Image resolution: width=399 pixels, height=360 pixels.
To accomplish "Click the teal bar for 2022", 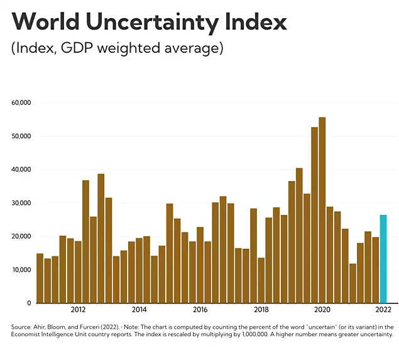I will click(383, 259).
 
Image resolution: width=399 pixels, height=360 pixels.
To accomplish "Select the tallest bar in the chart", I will click(322, 210).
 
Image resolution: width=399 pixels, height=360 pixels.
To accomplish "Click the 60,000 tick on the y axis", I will click(21, 102).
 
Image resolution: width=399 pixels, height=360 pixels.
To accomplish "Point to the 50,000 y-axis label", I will click(21, 136).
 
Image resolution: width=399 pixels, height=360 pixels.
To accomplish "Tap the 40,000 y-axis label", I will click(21, 170).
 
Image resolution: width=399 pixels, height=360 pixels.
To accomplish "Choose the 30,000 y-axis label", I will click(21, 203).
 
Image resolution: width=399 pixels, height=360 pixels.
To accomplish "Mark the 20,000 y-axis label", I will click(21, 236).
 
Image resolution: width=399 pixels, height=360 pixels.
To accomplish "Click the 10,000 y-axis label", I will click(21, 270).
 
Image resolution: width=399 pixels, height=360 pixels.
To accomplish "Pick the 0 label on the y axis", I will click(29, 303).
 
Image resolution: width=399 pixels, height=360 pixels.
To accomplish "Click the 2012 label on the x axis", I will click(79, 310).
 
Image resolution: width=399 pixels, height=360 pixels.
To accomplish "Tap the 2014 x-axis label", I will click(139, 310).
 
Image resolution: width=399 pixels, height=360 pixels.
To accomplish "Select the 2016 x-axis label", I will click(200, 310).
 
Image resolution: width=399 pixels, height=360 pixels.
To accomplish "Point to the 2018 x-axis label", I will click(261, 310).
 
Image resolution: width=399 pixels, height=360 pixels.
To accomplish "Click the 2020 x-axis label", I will click(322, 310).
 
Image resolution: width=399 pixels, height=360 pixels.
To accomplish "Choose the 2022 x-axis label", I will click(383, 310).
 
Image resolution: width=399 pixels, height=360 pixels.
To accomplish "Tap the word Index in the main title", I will click(255, 22).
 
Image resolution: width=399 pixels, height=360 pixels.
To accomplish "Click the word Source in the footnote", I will click(21, 327).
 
